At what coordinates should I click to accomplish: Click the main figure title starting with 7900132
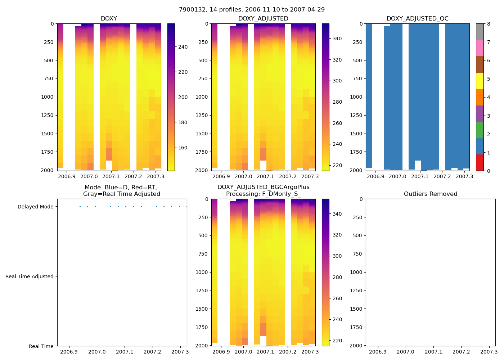[252, 10]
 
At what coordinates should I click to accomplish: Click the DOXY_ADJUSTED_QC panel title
[417, 19]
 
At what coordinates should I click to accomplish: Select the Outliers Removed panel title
[430, 194]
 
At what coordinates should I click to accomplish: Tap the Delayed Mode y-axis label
[35, 207]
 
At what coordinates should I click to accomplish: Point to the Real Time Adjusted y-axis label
[30, 276]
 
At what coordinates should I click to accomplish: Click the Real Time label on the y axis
[41, 346]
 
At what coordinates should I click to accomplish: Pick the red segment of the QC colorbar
[480, 162]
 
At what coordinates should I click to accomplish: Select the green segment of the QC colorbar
[480, 130]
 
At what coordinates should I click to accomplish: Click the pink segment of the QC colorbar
[480, 48]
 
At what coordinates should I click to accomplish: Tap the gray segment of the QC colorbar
[480, 32]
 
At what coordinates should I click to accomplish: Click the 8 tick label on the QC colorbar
[489, 24]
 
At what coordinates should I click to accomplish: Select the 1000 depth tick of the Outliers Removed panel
[356, 272]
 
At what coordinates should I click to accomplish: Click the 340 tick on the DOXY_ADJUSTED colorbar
[337, 39]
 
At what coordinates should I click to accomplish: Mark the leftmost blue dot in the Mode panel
[80, 207]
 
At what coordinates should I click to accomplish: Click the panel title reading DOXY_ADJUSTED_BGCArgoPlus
[263, 187]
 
